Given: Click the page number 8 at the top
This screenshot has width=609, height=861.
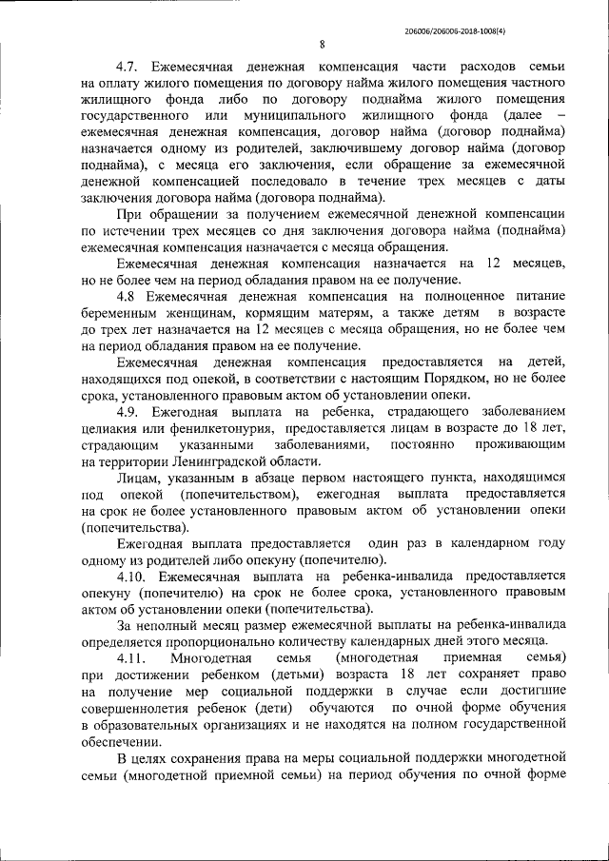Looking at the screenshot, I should click(x=322, y=44).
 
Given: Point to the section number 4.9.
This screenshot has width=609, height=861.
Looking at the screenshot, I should click(x=130, y=411).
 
